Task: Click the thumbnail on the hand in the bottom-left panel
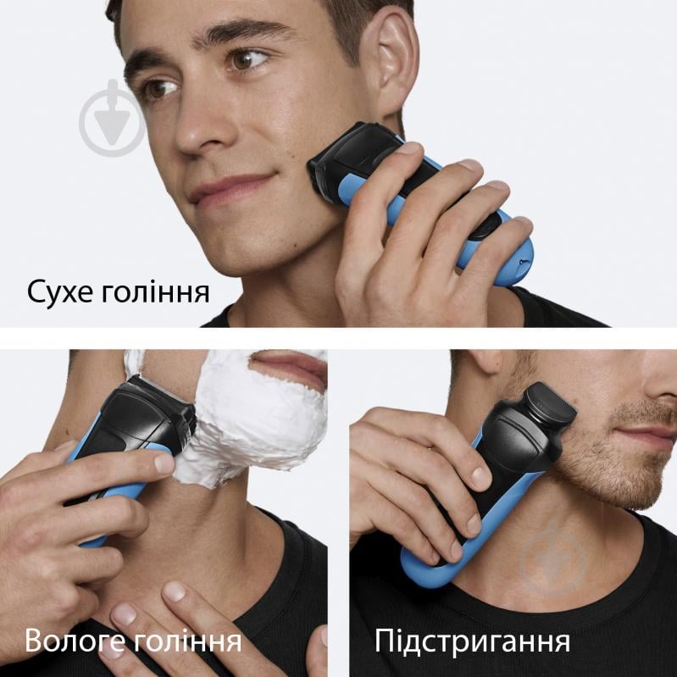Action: [164, 463]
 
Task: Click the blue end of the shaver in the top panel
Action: [508, 254]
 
